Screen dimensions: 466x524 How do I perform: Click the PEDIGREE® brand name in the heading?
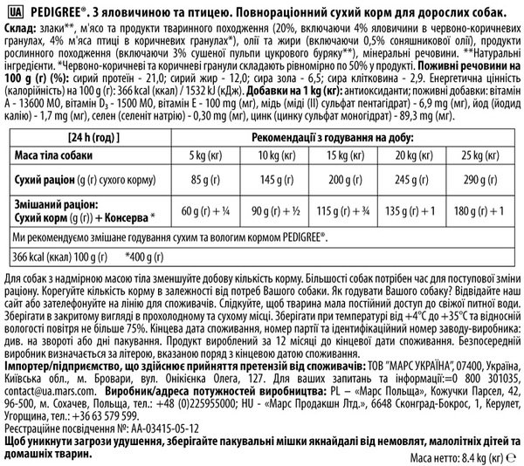[x=54, y=10]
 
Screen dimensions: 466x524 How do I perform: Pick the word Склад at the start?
[x=19, y=30]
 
